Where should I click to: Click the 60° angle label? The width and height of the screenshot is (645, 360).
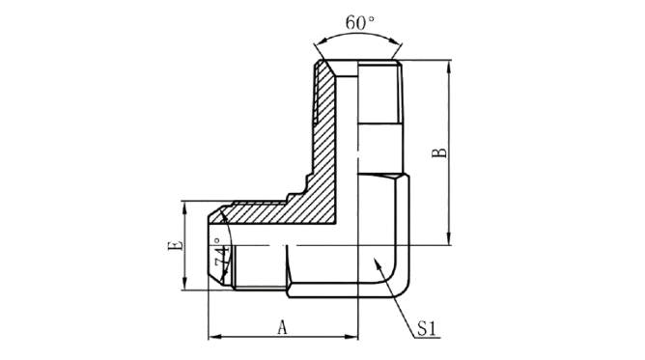pos(359,22)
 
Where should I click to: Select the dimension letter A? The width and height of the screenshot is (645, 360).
pos(282,327)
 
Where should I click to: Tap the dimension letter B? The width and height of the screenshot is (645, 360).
pos(439,152)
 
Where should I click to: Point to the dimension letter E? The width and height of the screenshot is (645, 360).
pos(175,245)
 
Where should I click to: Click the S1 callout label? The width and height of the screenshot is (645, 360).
pos(427,328)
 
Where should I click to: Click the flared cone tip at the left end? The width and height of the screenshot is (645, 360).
pos(214,246)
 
